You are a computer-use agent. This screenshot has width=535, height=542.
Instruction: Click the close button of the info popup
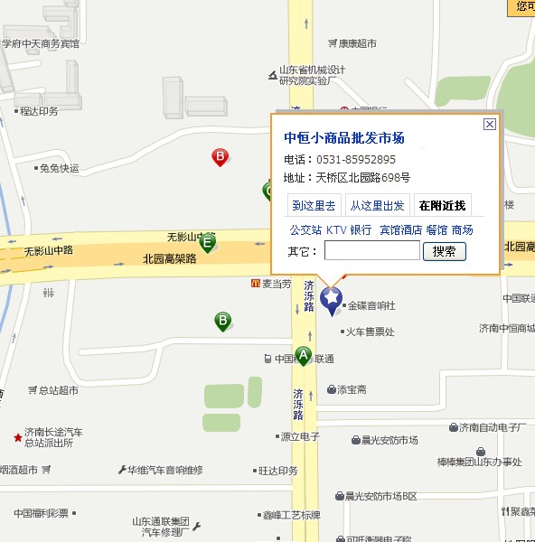[490, 124]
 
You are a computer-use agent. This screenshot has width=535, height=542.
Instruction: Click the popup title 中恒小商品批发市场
[344, 138]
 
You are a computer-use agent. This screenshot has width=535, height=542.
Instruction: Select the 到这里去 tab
[314, 206]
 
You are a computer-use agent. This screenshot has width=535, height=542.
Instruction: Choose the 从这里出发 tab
[378, 206]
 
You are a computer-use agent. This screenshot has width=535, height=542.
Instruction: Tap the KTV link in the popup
[336, 230]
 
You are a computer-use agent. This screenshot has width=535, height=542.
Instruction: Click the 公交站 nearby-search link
[305, 230]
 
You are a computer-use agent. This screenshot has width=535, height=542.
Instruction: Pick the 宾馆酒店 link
[400, 230]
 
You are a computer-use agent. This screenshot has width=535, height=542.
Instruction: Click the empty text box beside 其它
[371, 251]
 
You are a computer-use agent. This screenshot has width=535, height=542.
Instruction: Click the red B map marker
[220, 157]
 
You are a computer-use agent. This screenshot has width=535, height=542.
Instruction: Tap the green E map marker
[208, 242]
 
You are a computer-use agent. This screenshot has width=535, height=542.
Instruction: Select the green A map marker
[304, 355]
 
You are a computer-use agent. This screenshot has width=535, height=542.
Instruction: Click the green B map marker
[222, 321]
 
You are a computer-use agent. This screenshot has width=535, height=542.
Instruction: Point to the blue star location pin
[333, 298]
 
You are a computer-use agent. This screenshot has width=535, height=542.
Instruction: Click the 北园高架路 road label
[169, 258]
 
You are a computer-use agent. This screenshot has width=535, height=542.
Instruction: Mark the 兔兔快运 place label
[60, 168]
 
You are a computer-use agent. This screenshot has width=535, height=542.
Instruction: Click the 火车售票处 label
[370, 332]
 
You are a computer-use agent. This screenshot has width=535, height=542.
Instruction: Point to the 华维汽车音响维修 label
[165, 470]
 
